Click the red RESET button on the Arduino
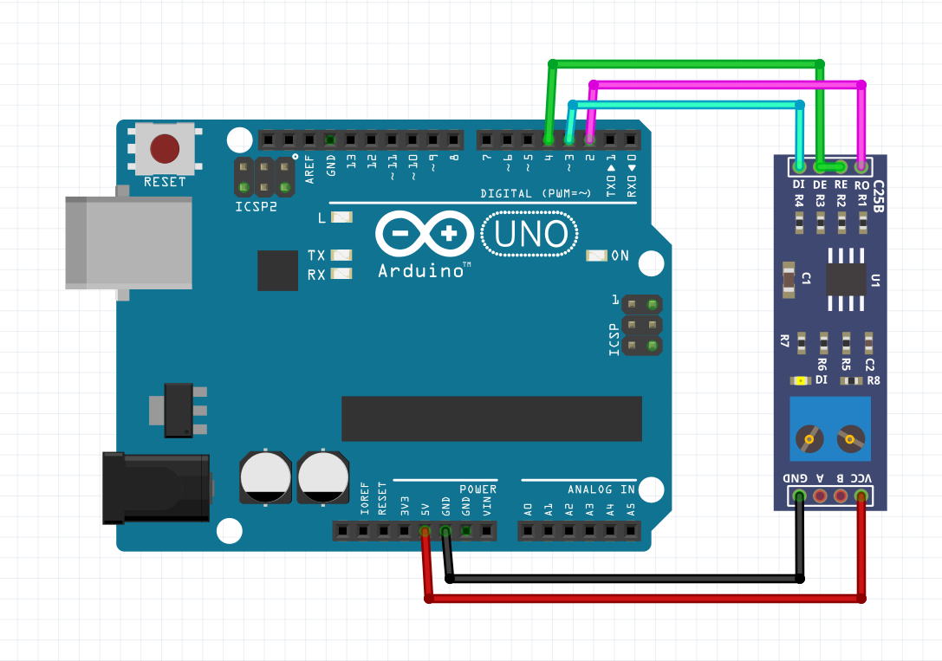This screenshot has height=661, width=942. click(x=165, y=148)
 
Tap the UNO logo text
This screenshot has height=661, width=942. click(x=530, y=234)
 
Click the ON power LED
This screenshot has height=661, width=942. click(x=596, y=256)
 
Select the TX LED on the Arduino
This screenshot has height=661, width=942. click(x=342, y=256)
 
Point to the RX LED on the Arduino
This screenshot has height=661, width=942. click(x=342, y=275)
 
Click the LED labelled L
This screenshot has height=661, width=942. click(x=342, y=218)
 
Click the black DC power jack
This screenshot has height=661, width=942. click(x=156, y=488)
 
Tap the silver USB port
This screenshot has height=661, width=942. click(x=128, y=242)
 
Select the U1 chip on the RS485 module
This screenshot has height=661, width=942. click(x=846, y=279)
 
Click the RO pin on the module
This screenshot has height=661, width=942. click(x=861, y=165)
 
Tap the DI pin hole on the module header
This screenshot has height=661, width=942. click(x=799, y=165)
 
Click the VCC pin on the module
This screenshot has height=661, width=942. click(x=861, y=496)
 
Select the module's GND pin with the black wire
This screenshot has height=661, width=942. click(x=799, y=496)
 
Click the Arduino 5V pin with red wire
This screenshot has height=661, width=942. click(x=425, y=530)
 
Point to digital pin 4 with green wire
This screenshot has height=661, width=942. click(x=549, y=139)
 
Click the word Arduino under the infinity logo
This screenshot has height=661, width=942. click(x=419, y=271)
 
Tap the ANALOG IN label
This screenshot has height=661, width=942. click(x=601, y=489)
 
